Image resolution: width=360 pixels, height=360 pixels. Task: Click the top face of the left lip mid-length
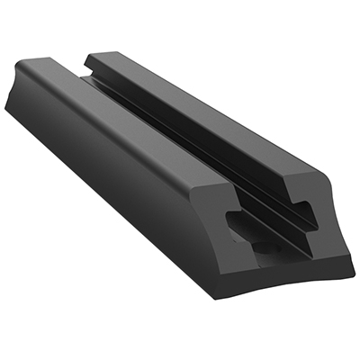click(135, 117)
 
